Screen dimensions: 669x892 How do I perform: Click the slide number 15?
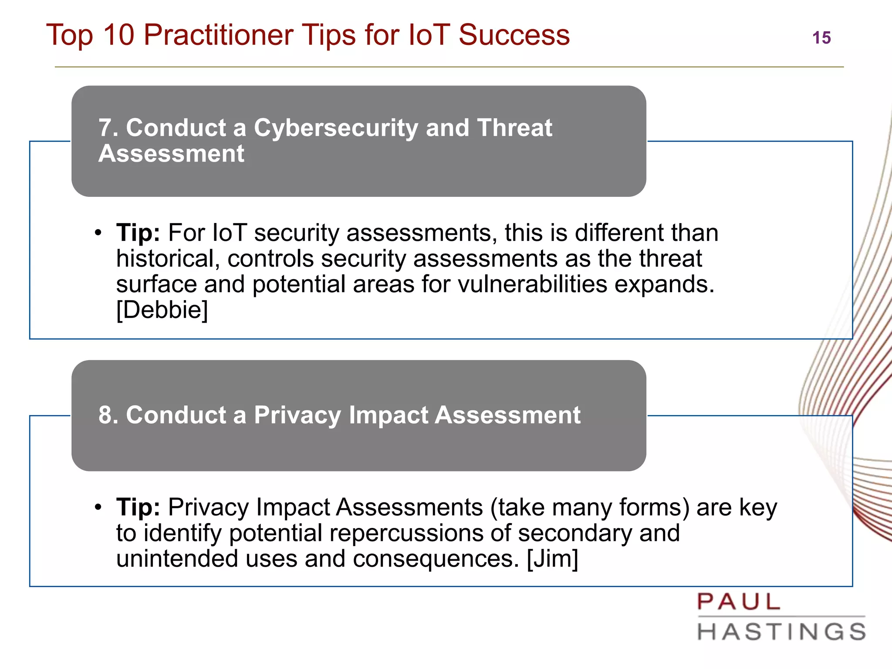click(x=821, y=38)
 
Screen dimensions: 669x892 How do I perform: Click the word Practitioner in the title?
click(x=218, y=35)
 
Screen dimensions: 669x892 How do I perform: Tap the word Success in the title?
click(x=514, y=35)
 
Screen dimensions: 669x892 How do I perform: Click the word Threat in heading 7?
click(x=514, y=128)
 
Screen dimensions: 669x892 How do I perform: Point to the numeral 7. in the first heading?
click(x=108, y=128)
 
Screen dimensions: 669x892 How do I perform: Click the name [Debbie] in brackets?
click(x=162, y=310)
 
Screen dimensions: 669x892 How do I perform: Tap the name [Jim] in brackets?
click(x=552, y=559)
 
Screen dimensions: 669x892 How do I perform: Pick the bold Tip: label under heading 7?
click(x=138, y=233)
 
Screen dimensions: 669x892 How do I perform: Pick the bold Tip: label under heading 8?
click(x=138, y=507)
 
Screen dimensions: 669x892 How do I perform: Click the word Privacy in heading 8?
click(x=297, y=415)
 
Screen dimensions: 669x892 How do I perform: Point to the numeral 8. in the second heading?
click(x=108, y=415)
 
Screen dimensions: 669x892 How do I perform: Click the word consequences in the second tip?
click(x=436, y=559)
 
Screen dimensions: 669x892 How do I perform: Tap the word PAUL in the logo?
click(x=739, y=602)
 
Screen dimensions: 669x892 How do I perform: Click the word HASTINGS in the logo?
click(x=781, y=632)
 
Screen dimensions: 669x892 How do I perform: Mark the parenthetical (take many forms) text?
click(x=590, y=507)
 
